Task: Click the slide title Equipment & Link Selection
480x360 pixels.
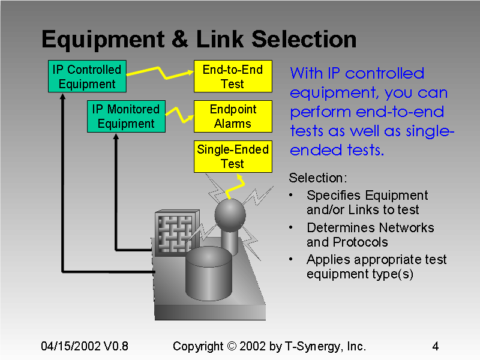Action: pyautogui.click(x=199, y=40)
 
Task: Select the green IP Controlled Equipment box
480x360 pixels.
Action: pyautogui.click(x=87, y=77)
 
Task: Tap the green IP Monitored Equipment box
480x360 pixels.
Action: pyautogui.click(x=126, y=116)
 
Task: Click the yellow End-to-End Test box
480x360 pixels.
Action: pyautogui.click(x=232, y=76)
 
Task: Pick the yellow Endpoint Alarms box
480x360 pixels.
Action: pyautogui.click(x=232, y=116)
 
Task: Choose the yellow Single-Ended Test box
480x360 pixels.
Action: pyautogui.click(x=232, y=156)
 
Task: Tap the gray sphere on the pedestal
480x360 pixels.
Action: pyautogui.click(x=230, y=214)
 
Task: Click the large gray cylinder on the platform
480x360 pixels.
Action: pyautogui.click(x=208, y=274)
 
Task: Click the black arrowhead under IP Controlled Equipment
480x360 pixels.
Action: pyautogui.click(x=62, y=97)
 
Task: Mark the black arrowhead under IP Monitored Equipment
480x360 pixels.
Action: pyautogui.click(x=115, y=136)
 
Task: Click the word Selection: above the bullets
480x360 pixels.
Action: pyautogui.click(x=317, y=178)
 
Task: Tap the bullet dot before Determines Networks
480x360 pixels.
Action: pyautogui.click(x=291, y=228)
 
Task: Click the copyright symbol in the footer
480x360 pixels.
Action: pyautogui.click(x=232, y=346)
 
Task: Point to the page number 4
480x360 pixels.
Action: pyautogui.click(x=435, y=346)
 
